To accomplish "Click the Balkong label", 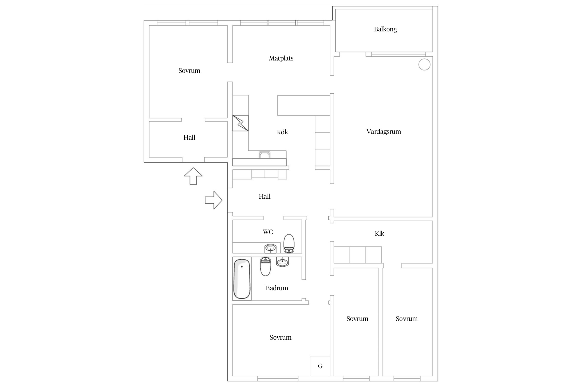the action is point(385,29).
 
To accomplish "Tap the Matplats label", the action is point(281,58).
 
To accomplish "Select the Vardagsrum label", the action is point(384,132).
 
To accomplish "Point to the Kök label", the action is point(282,132).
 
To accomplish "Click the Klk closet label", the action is point(379,233).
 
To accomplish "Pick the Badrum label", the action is point(277,288).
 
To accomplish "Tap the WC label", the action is point(268,232).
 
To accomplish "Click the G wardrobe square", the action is point(320,366).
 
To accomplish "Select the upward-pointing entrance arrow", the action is point(193,176).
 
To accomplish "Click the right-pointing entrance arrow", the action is point(213,200).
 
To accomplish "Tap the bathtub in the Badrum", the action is point(242,279).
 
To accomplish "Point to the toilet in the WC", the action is point(289,243).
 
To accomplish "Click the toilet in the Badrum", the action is point(266,266).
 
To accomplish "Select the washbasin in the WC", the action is point(270,249).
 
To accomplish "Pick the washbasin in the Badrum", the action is point(283,262).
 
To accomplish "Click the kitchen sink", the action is point(264,155).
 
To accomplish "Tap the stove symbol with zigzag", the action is point(241,123).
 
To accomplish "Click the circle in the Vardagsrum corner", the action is point(424,64).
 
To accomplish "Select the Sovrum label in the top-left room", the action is point(189,71).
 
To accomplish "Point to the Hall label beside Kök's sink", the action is point(264,197).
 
